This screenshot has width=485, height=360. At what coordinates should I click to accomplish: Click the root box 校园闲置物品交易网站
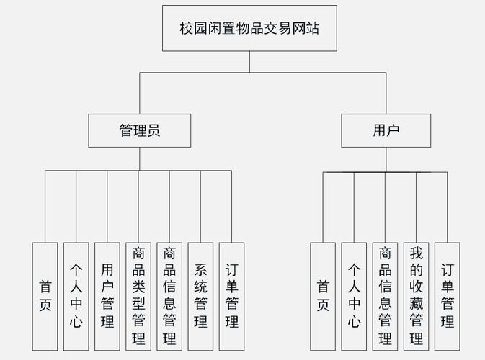(249, 29)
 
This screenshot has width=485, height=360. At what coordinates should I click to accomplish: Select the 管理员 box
(139, 131)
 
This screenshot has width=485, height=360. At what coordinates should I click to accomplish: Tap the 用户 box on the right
(386, 131)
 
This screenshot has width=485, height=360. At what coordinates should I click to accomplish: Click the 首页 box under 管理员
(45, 295)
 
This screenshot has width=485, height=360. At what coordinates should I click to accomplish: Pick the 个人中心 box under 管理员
(76, 295)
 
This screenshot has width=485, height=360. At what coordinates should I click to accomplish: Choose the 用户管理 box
(107, 295)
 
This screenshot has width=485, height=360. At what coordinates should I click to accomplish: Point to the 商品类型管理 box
(138, 295)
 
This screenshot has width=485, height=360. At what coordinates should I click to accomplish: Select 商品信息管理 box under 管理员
(169, 295)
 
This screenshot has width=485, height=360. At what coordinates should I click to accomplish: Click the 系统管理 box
(201, 295)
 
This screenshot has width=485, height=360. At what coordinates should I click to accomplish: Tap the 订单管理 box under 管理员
(232, 295)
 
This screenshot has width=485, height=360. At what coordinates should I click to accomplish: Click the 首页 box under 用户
(323, 295)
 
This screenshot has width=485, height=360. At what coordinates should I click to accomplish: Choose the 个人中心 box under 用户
(354, 295)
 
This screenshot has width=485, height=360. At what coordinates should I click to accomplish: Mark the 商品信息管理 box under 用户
(385, 295)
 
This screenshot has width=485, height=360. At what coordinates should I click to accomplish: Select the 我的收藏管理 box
(416, 295)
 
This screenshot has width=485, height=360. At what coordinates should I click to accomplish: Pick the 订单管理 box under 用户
(447, 295)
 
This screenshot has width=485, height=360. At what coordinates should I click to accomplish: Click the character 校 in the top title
(187, 29)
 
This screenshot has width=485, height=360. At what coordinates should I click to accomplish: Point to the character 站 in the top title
(312, 29)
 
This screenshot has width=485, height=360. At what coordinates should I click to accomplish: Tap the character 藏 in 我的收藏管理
(416, 303)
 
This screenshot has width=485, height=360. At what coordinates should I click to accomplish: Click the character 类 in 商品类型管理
(138, 287)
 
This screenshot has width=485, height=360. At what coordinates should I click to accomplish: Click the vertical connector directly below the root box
(249, 62)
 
